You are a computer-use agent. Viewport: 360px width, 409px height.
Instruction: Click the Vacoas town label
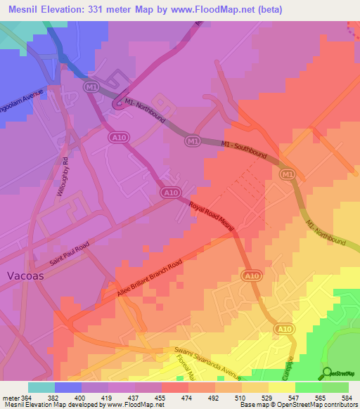point(25,276)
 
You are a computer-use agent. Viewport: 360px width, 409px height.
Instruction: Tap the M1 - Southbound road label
point(244,152)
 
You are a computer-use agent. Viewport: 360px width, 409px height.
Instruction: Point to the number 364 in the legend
point(29,397)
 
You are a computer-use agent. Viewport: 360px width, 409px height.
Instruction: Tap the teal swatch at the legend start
point(41,387)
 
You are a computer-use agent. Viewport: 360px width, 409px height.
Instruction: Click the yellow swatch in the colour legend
point(281,387)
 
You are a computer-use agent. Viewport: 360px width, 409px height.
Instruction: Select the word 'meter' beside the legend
point(11,397)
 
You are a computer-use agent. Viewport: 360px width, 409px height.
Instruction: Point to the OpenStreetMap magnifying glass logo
point(327,372)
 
